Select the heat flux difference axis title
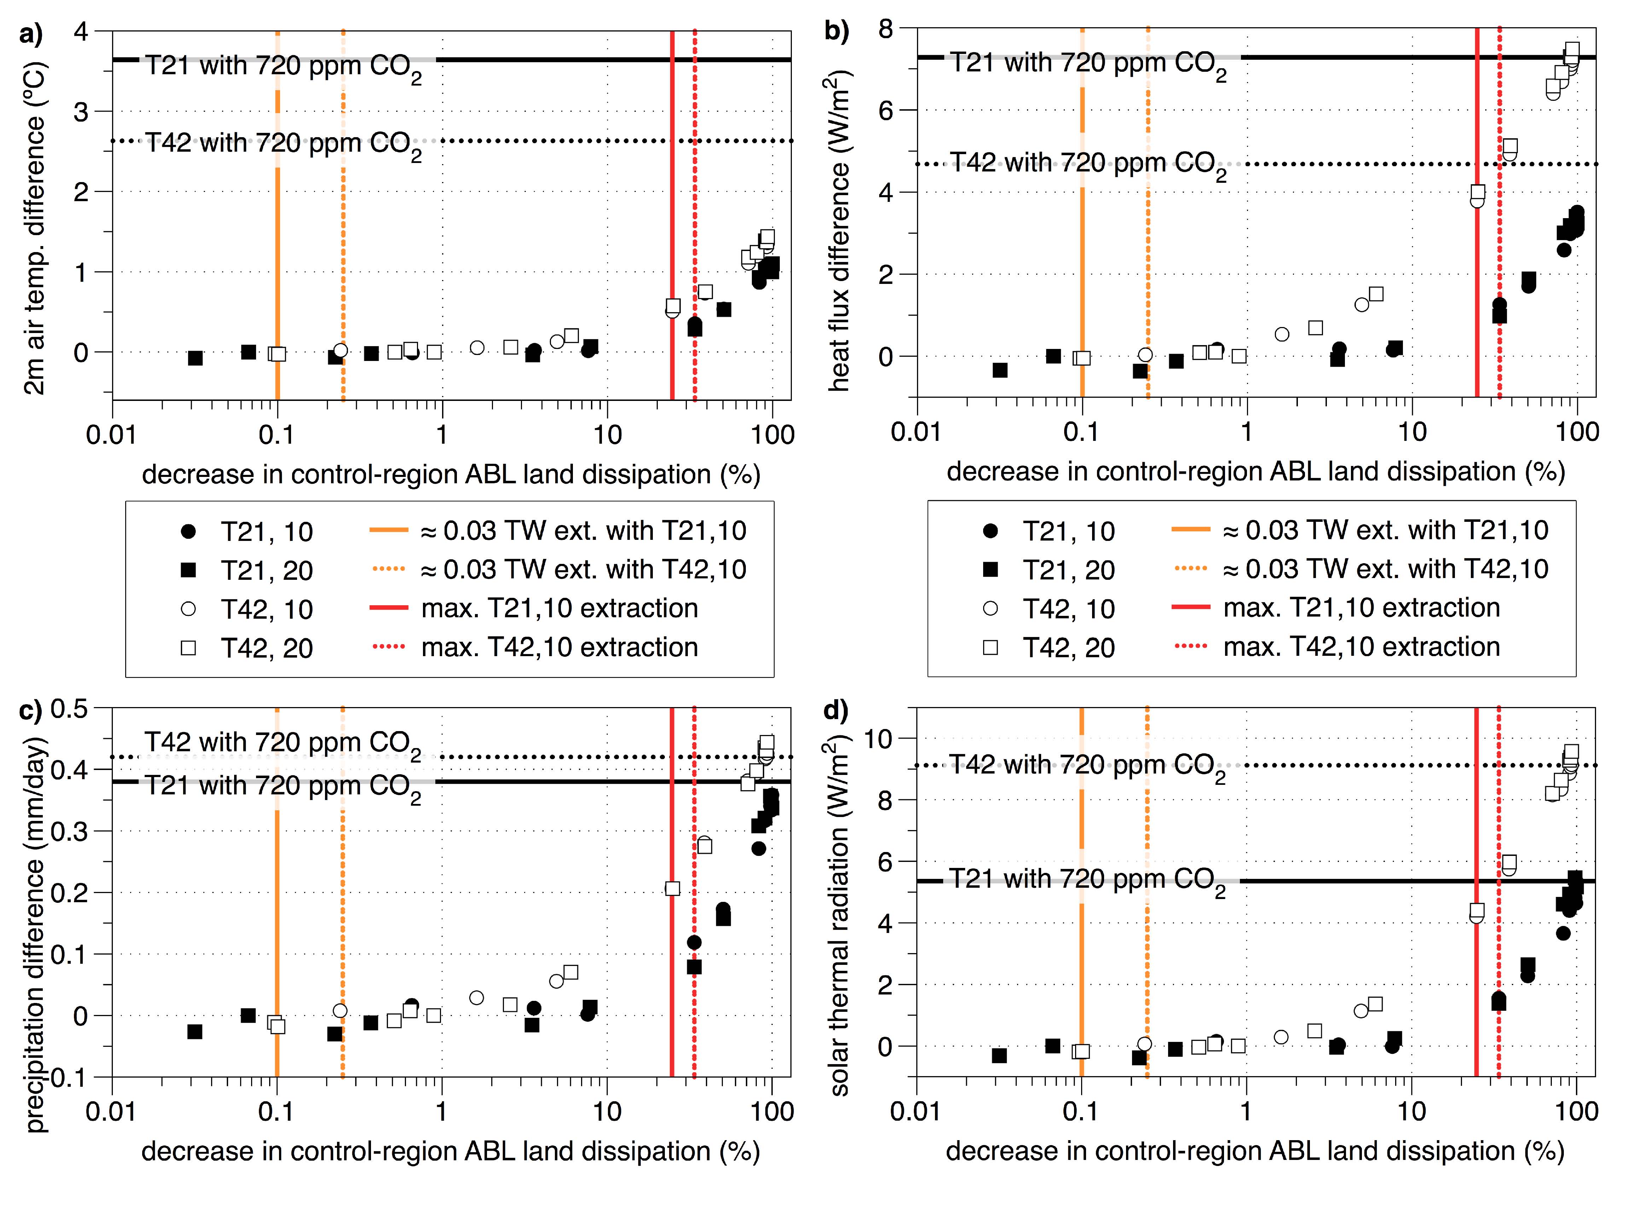(x=839, y=230)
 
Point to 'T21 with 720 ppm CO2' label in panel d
(x=1087, y=881)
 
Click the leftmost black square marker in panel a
(x=195, y=358)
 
